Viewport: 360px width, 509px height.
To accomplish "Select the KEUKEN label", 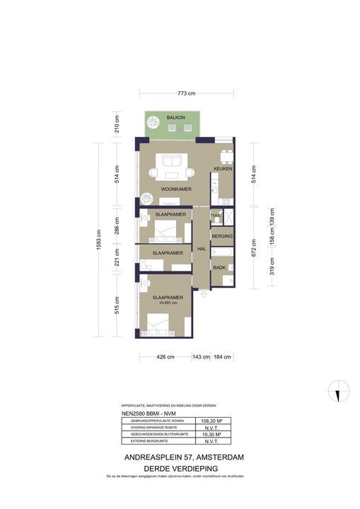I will pyautogui.click(x=223, y=170).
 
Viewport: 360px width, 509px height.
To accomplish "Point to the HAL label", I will pyautogui.click(x=202, y=249).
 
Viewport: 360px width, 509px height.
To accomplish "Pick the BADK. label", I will pyautogui.click(x=219, y=267).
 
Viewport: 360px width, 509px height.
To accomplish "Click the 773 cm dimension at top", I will pyautogui.click(x=186, y=93).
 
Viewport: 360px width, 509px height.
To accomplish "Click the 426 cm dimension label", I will pyautogui.click(x=165, y=357).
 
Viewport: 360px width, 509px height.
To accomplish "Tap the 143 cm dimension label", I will pyautogui.click(x=202, y=357).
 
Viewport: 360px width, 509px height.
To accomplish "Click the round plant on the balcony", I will pyautogui.click(x=152, y=123).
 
